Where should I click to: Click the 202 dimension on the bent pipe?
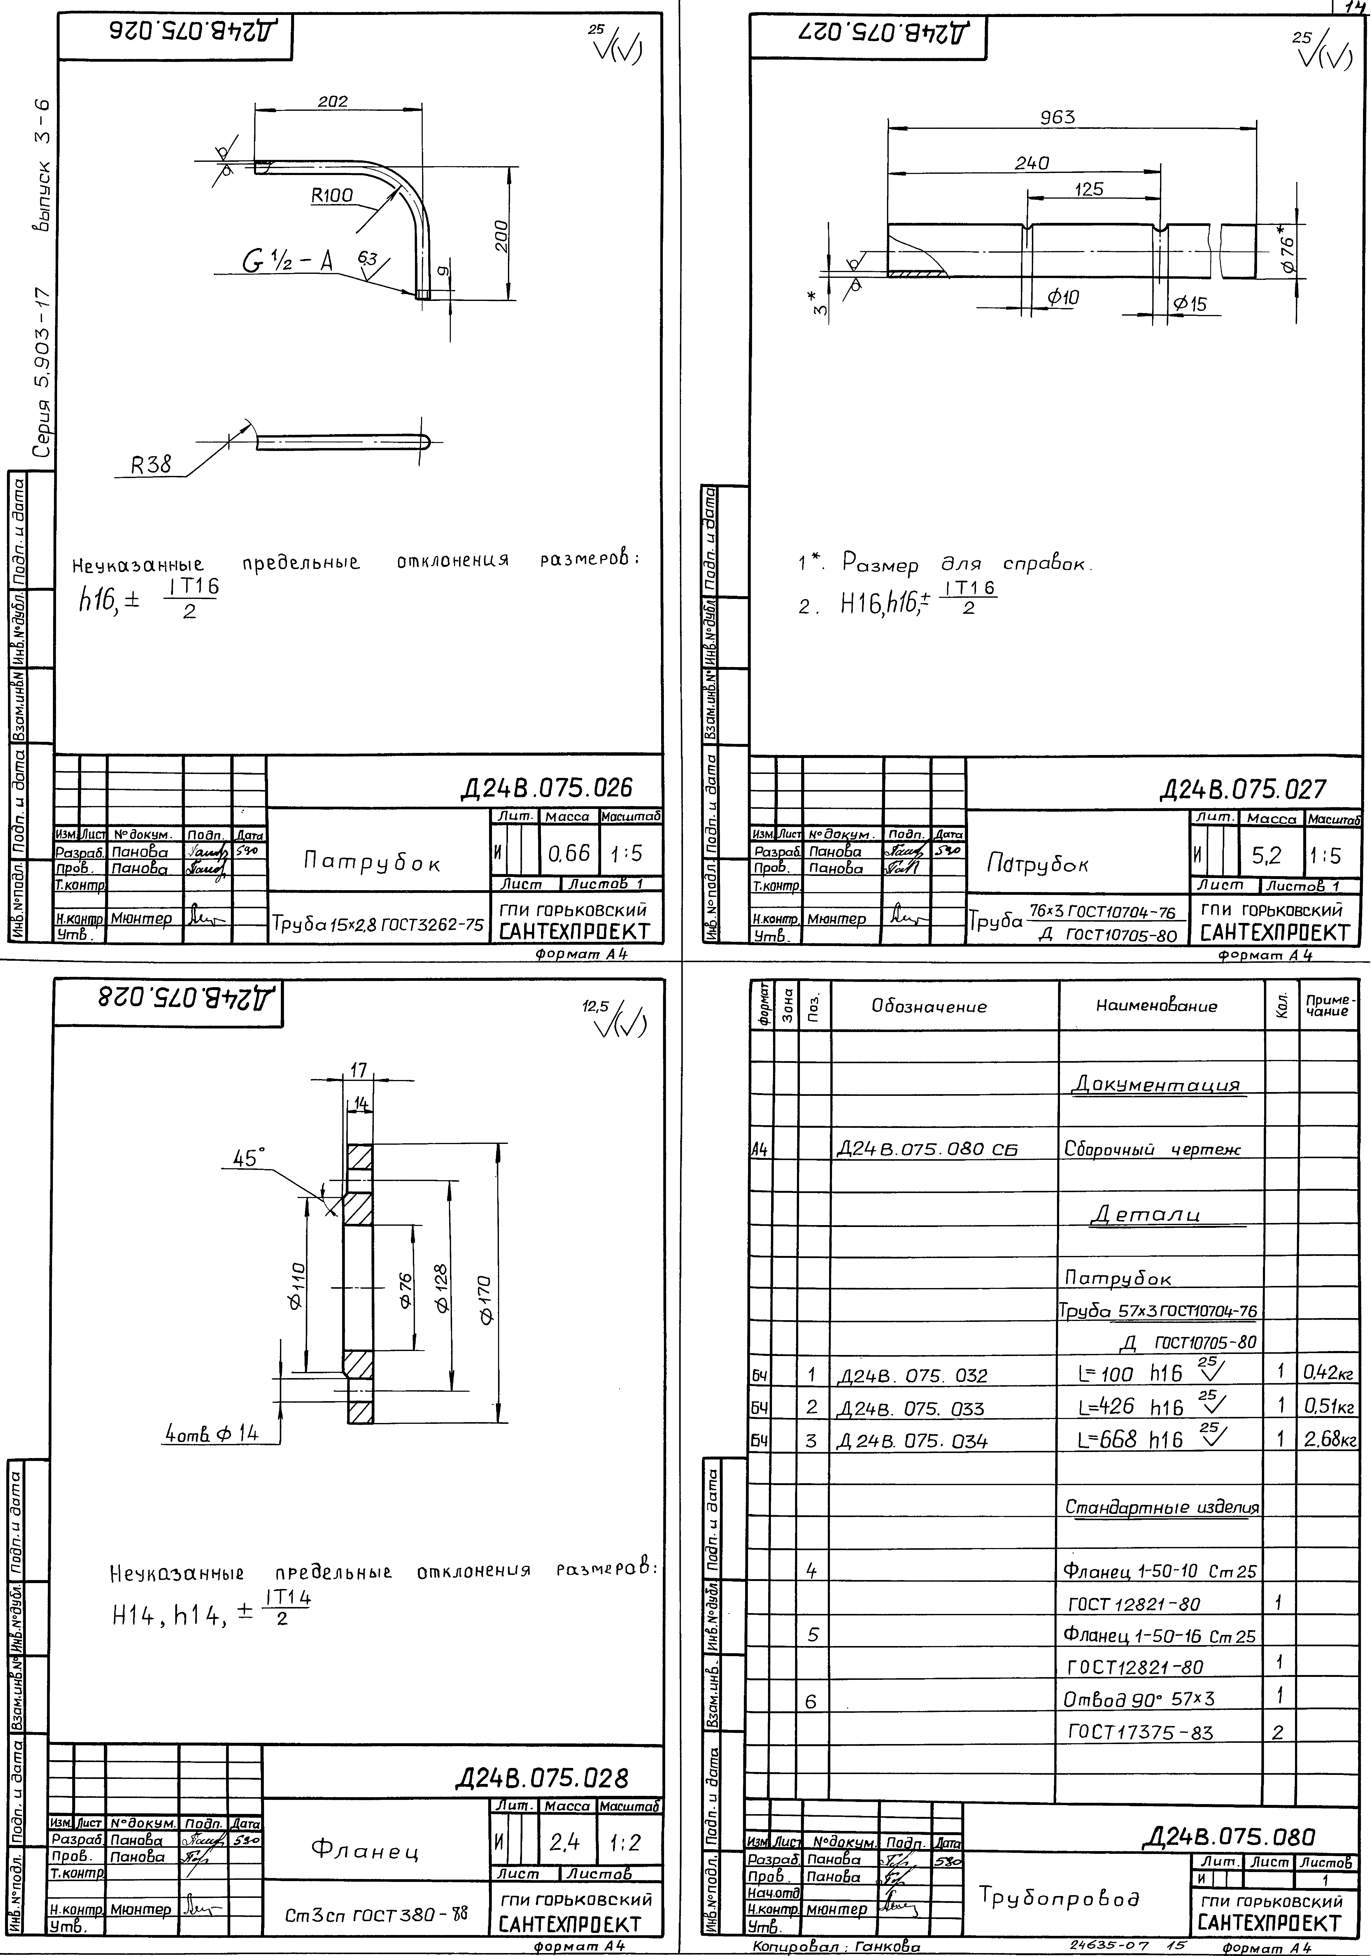coord(333,101)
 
